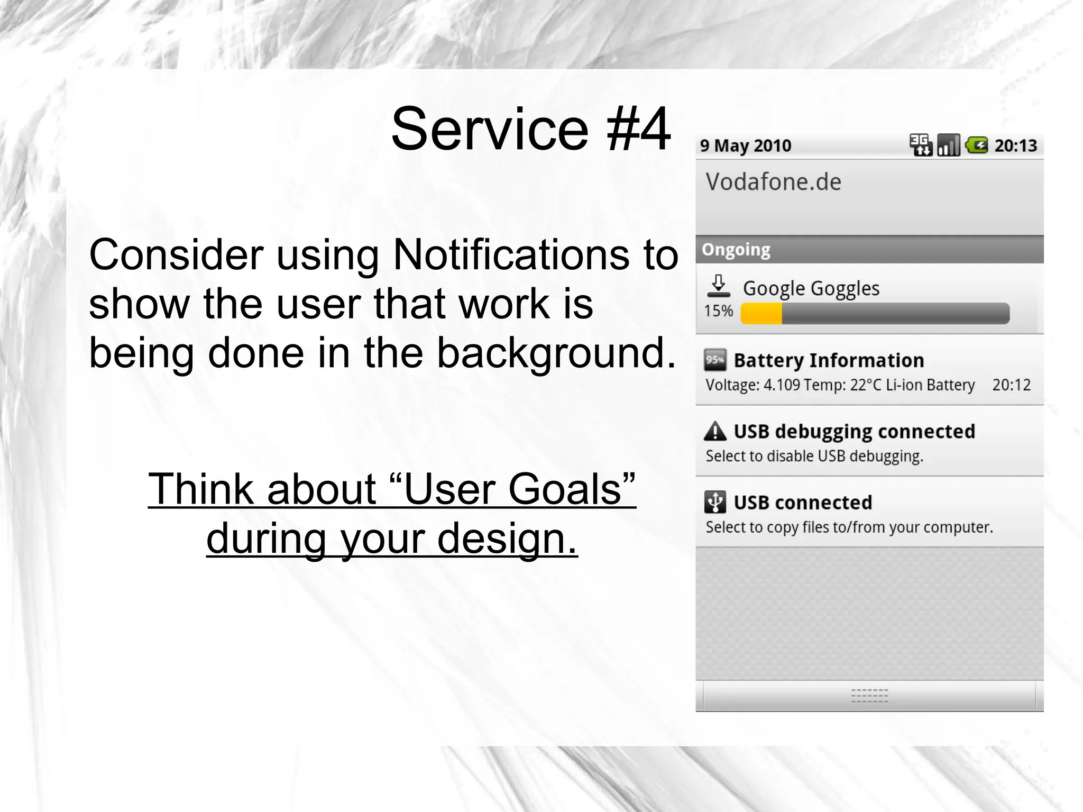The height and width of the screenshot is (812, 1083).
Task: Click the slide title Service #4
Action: point(530,129)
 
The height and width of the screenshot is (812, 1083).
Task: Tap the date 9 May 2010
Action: point(745,145)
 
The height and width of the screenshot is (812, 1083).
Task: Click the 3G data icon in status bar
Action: point(921,145)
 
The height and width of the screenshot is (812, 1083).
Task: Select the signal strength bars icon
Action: point(948,145)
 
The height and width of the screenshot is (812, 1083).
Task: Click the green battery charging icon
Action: point(976,145)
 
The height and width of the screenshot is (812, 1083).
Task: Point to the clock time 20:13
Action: point(1015,145)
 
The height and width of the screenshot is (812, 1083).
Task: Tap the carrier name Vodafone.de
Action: point(773,182)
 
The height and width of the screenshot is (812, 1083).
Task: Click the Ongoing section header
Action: point(736,249)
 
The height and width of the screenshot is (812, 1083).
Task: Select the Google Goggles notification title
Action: point(811,288)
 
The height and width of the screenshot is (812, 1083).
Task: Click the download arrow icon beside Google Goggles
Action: point(718,286)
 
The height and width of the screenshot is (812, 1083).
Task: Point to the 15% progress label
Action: point(718,311)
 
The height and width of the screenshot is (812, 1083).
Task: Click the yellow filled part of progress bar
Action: point(761,314)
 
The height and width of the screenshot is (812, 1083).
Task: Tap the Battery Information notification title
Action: point(829,360)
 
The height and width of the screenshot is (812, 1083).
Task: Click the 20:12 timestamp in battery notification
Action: point(1011,385)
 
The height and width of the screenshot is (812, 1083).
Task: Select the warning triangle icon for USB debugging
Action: point(715,431)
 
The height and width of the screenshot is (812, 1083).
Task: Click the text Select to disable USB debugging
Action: point(814,456)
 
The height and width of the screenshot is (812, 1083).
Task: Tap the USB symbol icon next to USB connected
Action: point(715,502)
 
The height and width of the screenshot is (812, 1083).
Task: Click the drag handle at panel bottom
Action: point(869,696)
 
